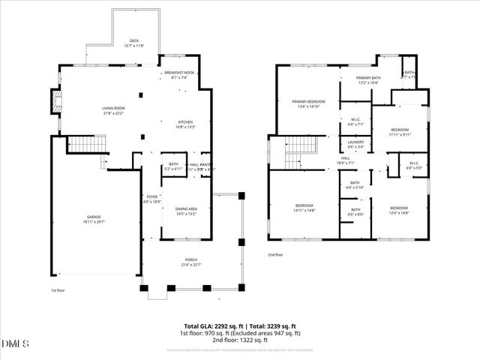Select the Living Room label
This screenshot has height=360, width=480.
tap(113, 111)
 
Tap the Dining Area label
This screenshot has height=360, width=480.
tap(186, 211)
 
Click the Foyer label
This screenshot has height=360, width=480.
tap(152, 199)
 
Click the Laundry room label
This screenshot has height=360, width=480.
tap(355, 144)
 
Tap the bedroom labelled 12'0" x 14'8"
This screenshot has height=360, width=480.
tap(398, 209)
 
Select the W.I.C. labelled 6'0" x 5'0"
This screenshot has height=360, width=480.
tap(414, 166)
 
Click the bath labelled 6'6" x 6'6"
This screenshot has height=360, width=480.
tap(355, 212)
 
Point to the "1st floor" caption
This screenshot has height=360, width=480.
tap(59, 290)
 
